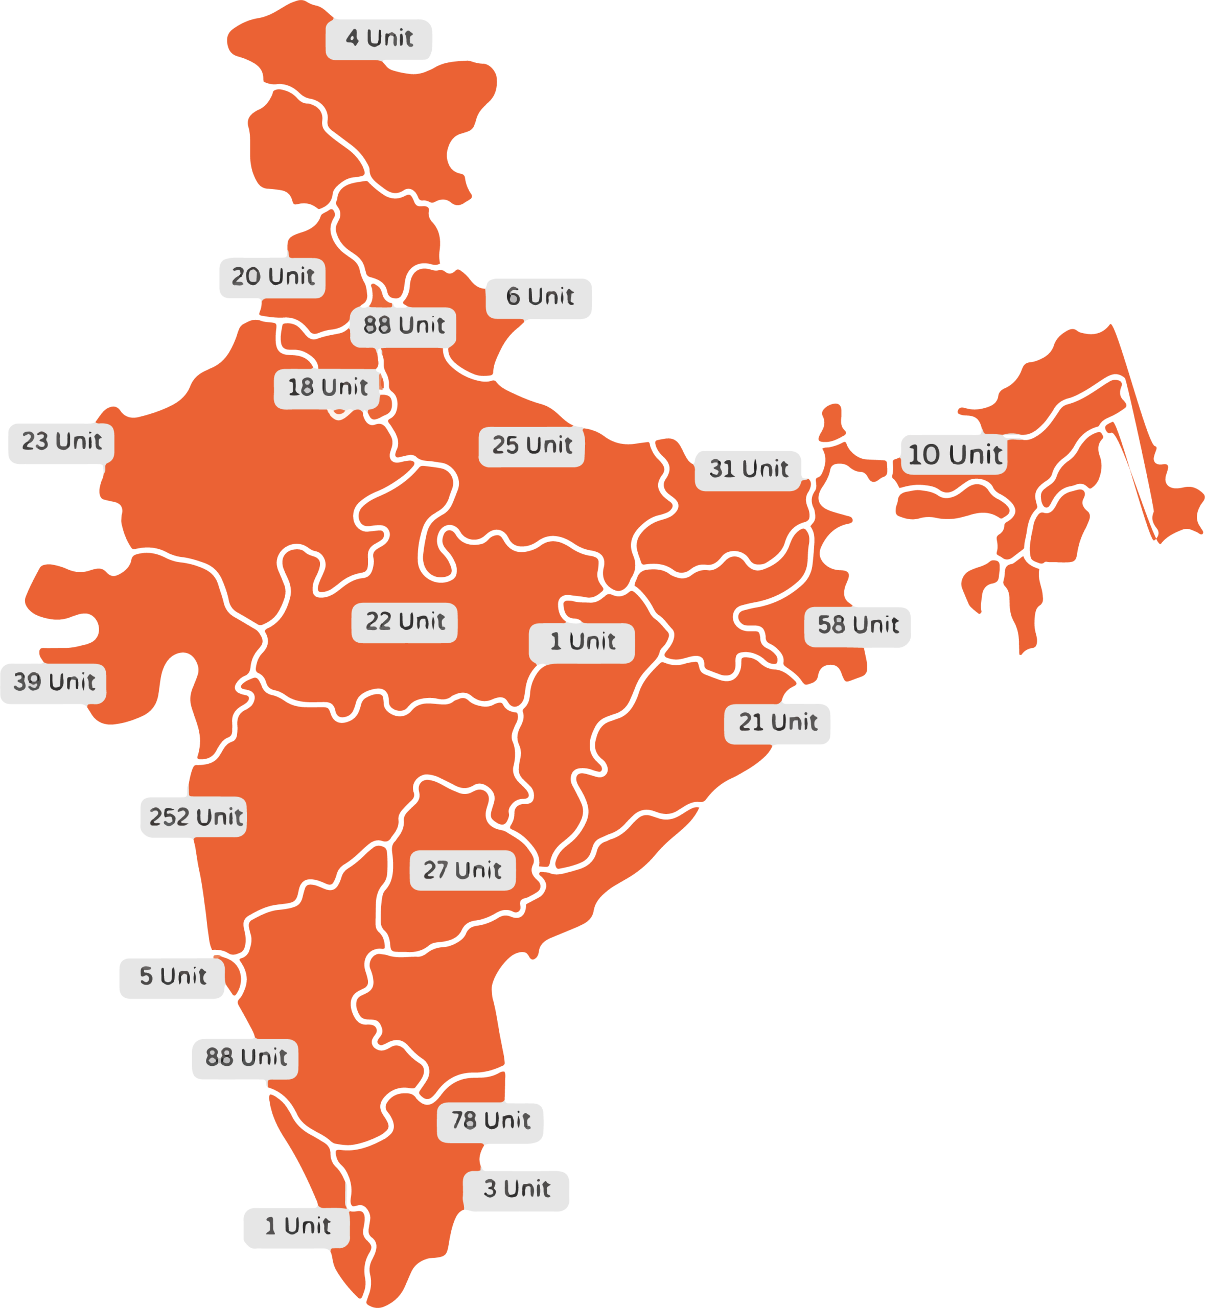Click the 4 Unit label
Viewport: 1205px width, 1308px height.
click(379, 39)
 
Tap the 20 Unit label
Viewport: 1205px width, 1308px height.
click(272, 277)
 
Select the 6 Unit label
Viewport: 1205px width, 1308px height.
click(539, 298)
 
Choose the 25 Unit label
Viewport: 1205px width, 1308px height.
click(531, 446)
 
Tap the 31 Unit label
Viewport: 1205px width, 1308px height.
click(748, 470)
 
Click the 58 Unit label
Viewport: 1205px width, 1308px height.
click(858, 626)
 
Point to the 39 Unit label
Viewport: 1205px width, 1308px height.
click(54, 683)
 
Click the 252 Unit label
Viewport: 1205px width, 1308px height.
click(194, 818)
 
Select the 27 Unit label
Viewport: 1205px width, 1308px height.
click(462, 871)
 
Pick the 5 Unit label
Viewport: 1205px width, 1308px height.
click(172, 977)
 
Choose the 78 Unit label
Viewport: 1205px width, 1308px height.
click(491, 1122)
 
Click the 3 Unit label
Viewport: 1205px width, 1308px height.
click(517, 1190)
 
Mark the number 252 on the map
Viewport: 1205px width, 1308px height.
click(168, 818)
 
